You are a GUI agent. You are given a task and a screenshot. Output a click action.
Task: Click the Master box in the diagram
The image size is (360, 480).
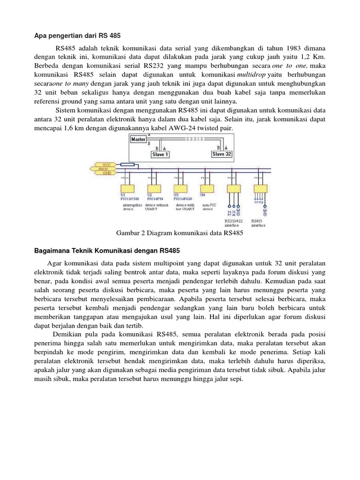point(138,139)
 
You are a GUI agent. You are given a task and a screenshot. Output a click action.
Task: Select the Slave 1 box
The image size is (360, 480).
point(160,154)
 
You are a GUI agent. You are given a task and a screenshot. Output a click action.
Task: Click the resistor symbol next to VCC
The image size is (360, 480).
point(127,165)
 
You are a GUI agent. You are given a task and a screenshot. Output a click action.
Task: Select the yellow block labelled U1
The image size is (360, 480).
point(126,188)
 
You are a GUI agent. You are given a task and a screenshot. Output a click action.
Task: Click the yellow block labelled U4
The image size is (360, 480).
point(207,188)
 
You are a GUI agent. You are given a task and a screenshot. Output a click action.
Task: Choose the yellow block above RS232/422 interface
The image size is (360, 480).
point(233,188)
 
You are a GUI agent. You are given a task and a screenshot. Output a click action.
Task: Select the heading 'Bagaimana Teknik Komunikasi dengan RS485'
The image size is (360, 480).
point(107,250)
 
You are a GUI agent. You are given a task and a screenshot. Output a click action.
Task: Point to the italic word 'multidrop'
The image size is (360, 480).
point(253,75)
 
